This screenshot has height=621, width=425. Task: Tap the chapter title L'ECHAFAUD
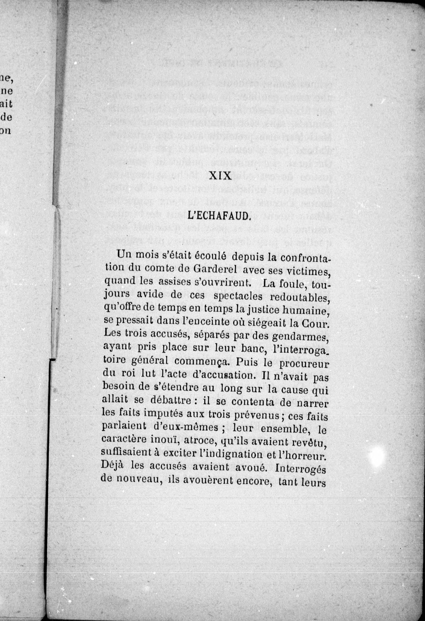click(x=218, y=216)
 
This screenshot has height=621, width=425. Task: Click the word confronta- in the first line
click(x=305, y=258)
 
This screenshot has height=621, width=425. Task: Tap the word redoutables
click(x=300, y=298)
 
